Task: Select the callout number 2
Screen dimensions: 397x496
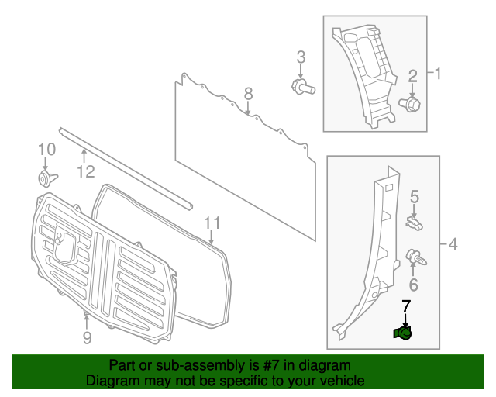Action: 413,76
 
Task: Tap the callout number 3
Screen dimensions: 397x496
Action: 301,57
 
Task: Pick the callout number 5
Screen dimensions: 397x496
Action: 415,196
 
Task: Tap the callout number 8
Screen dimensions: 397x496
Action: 248,94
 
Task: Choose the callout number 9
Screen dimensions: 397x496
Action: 87,337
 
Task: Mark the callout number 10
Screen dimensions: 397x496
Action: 46,149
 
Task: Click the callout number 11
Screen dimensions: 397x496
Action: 212,224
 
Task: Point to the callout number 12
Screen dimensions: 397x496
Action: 85,171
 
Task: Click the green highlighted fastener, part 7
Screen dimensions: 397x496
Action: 402,333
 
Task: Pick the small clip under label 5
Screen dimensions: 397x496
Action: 414,223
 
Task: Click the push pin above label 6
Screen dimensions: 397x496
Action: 414,255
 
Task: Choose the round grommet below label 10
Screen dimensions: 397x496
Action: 46,179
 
